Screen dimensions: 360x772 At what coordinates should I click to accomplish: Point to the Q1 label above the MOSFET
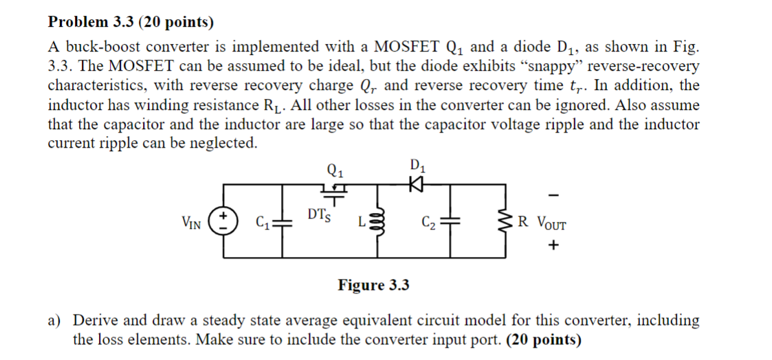(336, 168)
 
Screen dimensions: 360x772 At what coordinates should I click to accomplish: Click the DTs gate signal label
(320, 216)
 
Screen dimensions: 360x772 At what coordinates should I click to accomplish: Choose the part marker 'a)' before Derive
(54, 320)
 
